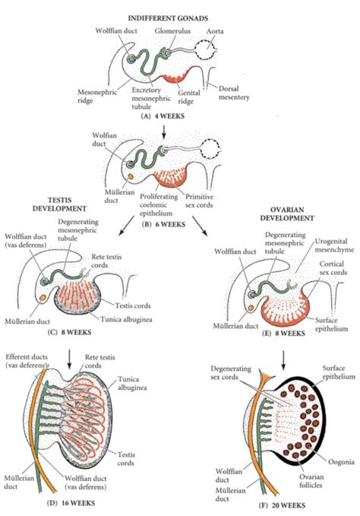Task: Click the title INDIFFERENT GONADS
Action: point(168,18)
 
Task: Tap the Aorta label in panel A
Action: point(215,31)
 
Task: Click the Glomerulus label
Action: point(172,31)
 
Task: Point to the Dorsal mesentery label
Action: point(234,93)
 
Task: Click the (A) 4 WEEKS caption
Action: point(163,116)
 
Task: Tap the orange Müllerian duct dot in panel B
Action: point(131,176)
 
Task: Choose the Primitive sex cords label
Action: point(199,201)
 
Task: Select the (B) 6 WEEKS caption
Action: point(163,225)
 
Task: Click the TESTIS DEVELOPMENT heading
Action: point(59,204)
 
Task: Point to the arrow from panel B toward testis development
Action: point(125,226)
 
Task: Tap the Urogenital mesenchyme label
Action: point(334,245)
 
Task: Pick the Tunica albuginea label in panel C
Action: point(126,319)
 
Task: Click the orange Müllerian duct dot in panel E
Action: point(251,308)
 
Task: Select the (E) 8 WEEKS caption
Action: point(283,333)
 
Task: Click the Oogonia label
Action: point(341,462)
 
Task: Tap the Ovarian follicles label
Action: point(311,481)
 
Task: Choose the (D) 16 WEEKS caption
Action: point(71,503)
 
